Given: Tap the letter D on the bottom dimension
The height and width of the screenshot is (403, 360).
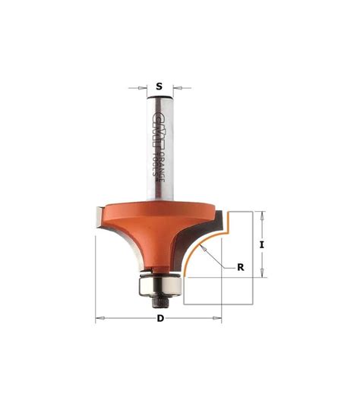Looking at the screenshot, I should (160, 318).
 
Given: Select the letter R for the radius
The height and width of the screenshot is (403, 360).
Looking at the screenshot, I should (241, 266).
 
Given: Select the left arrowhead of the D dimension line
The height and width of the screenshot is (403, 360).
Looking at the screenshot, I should (99, 318).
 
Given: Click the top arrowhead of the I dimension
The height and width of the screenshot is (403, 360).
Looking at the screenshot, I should (261, 213).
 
